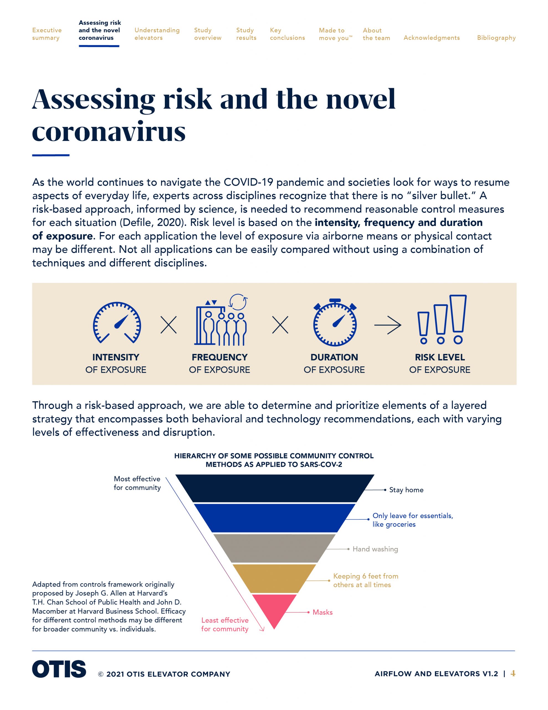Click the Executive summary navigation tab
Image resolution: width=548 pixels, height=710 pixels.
(47, 34)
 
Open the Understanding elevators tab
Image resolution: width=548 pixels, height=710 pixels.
(157, 34)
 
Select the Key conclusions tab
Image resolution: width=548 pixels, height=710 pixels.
(287, 34)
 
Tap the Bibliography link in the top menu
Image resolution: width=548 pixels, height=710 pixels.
(496, 38)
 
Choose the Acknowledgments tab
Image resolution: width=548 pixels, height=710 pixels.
(431, 38)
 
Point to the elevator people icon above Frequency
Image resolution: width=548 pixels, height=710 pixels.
(221, 319)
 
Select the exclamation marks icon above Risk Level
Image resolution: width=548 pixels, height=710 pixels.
(442, 319)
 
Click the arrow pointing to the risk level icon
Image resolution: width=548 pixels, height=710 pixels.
(388, 325)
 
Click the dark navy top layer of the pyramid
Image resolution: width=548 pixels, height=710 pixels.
(275, 488)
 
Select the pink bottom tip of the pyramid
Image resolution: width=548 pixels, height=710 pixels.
(275, 608)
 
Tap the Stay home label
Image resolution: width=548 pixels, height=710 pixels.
(406, 490)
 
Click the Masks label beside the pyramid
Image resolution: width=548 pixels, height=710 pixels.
(322, 612)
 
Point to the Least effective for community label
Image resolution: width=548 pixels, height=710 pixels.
(225, 625)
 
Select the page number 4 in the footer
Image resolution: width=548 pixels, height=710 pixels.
(513, 673)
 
